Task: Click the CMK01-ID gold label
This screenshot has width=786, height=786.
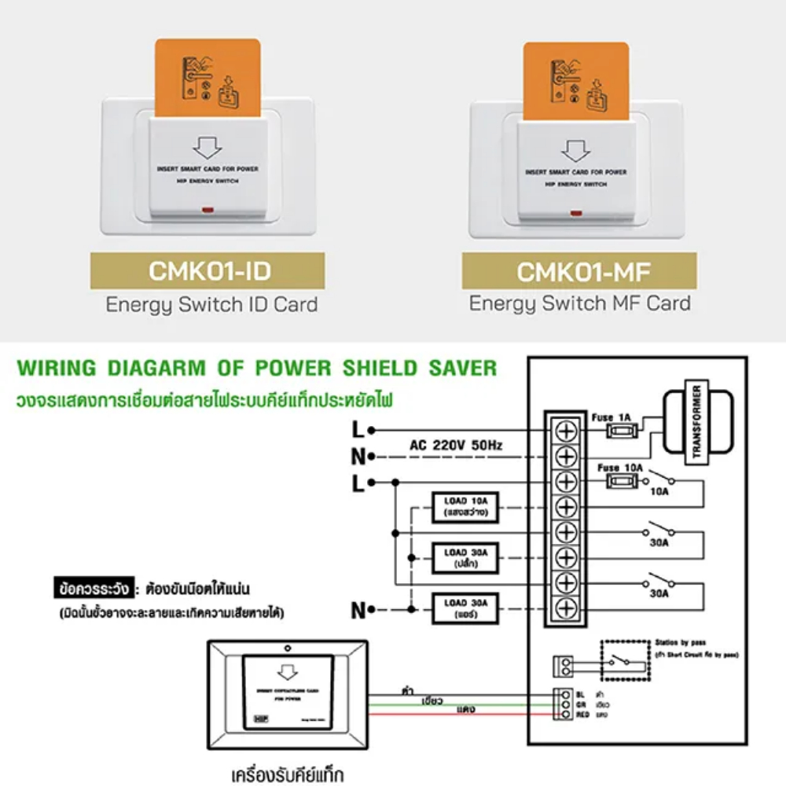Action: pos(208,272)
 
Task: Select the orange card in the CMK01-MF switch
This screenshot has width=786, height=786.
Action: pos(576,79)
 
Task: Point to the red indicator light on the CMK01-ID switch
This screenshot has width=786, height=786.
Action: pos(208,210)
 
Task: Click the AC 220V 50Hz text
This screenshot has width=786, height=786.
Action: pos(456,445)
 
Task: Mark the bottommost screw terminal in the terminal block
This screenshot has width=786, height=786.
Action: pos(567,608)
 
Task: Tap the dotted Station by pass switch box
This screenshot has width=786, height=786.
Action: pos(624,659)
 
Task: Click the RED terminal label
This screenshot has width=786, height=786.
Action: pos(582,715)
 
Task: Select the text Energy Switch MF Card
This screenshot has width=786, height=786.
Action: pos(580,303)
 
